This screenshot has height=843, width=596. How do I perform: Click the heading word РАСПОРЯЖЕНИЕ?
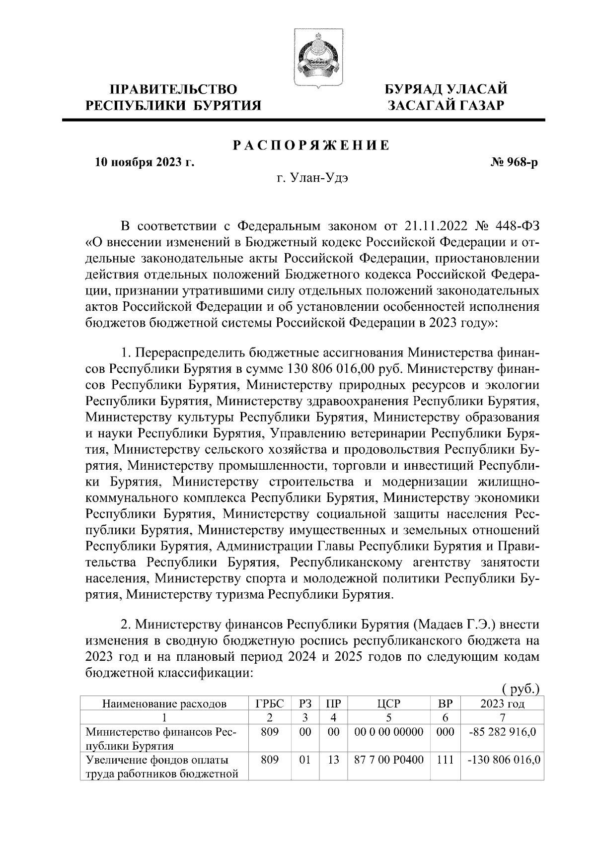tap(311, 145)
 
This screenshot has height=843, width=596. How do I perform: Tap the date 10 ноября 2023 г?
tap(145, 162)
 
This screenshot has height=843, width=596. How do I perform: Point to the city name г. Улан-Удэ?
tap(312, 179)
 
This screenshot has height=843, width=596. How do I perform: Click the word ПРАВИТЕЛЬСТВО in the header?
tap(173, 89)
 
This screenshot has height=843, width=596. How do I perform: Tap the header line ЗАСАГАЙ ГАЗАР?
tap(446, 105)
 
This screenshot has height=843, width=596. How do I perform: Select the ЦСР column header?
tap(389, 703)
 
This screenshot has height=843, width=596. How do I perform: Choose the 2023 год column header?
tap(503, 703)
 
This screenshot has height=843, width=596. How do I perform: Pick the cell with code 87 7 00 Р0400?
tap(389, 760)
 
